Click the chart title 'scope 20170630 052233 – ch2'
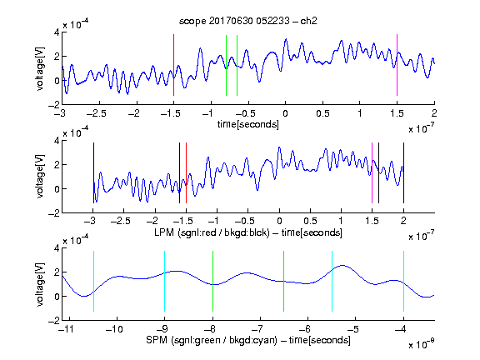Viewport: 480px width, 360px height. (248, 21)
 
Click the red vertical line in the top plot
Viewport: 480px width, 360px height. (173, 65)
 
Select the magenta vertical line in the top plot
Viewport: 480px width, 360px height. (397, 65)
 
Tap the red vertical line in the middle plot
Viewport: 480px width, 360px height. (186, 173)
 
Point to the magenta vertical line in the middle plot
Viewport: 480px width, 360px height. (372, 173)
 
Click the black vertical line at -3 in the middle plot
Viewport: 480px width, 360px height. (93, 173)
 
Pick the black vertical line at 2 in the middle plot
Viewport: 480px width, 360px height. (403, 173)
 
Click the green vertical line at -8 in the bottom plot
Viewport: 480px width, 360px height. (212, 282)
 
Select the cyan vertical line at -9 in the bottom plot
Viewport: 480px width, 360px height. (164, 282)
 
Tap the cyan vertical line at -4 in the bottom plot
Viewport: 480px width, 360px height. (403, 282)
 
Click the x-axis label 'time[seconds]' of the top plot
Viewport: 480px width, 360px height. (248, 124)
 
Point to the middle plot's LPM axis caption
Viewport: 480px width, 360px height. (248, 232)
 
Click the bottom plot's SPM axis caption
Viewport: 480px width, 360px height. (248, 340)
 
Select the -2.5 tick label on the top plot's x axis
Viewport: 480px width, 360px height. (96, 113)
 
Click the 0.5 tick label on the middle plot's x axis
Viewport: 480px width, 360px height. (310, 221)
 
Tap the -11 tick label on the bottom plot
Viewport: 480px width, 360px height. (67, 329)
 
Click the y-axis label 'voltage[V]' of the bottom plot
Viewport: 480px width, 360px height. (40, 284)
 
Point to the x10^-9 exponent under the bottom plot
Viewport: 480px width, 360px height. (421, 344)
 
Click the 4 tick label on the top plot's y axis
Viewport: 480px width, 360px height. (57, 32)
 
